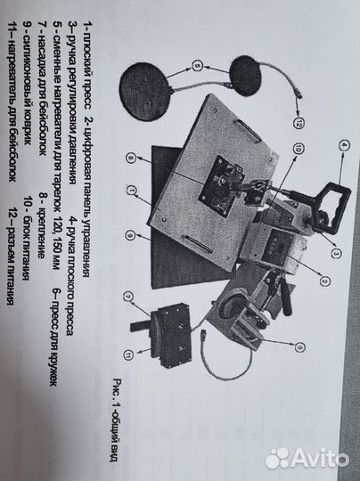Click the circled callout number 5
(198, 66)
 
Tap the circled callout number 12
(299, 123)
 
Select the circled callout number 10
(298, 150)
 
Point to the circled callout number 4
(344, 146)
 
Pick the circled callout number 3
(336, 253)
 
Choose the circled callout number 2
(324, 281)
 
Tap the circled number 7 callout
(128, 297)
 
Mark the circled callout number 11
(128, 355)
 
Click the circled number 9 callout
(129, 235)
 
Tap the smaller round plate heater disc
(246, 75)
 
